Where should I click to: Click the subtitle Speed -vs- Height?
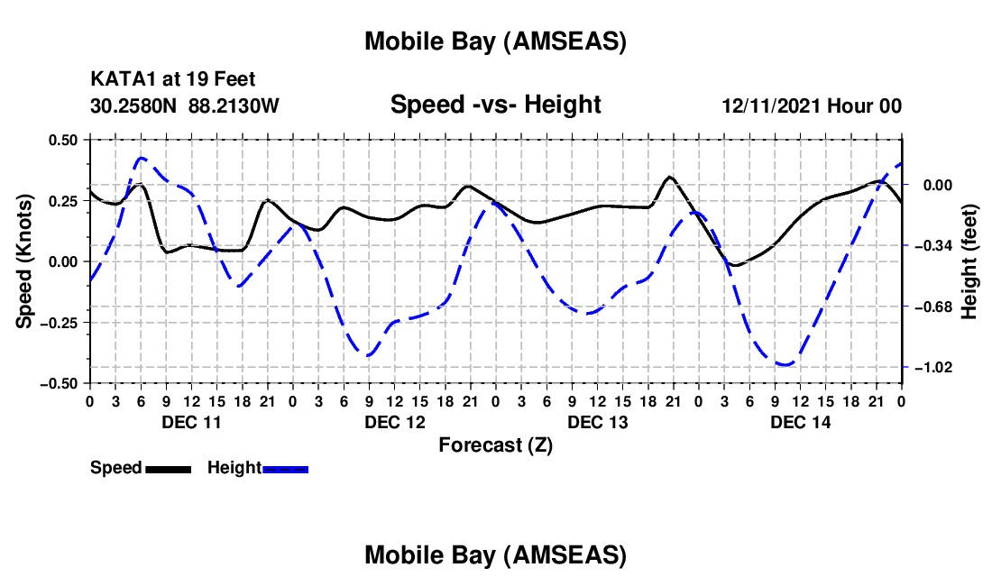[x=495, y=105]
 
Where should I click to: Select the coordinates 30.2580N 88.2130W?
[x=185, y=106]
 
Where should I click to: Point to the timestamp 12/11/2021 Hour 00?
[x=812, y=106]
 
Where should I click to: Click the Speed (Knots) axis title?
[x=26, y=261]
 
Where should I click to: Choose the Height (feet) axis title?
[x=970, y=261]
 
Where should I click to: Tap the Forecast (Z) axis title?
[x=495, y=444]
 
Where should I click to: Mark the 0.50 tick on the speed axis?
[x=63, y=140]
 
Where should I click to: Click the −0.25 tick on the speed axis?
[x=60, y=323]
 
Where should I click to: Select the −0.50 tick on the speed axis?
[x=60, y=383]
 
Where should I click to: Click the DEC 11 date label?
[x=191, y=422]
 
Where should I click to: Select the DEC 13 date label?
[x=597, y=422]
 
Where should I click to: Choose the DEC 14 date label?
[x=800, y=422]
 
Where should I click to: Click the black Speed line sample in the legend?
[x=168, y=469]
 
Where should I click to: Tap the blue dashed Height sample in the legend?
[x=286, y=469]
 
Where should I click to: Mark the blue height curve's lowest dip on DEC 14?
[x=785, y=364]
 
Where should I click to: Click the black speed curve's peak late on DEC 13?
[x=669, y=177]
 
